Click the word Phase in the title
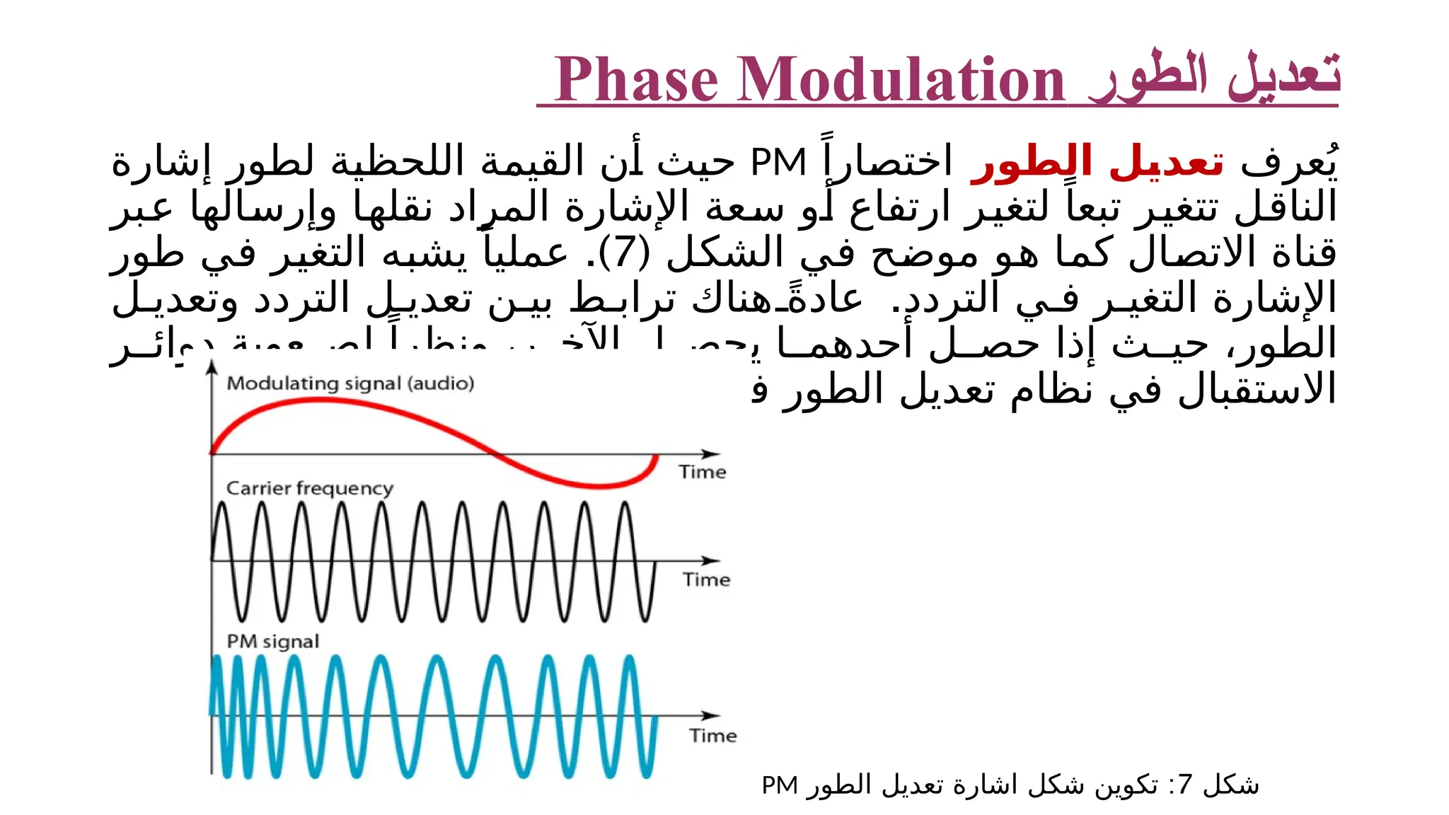(637, 80)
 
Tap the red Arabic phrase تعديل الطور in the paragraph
(1097, 163)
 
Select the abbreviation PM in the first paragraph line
(778, 163)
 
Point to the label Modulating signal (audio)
(350, 383)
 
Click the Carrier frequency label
(309, 488)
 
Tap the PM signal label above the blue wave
(272, 642)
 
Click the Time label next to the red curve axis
(702, 472)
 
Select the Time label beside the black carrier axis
(706, 579)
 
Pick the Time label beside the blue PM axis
(713, 736)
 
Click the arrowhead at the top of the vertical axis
(212, 366)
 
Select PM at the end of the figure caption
(780, 785)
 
